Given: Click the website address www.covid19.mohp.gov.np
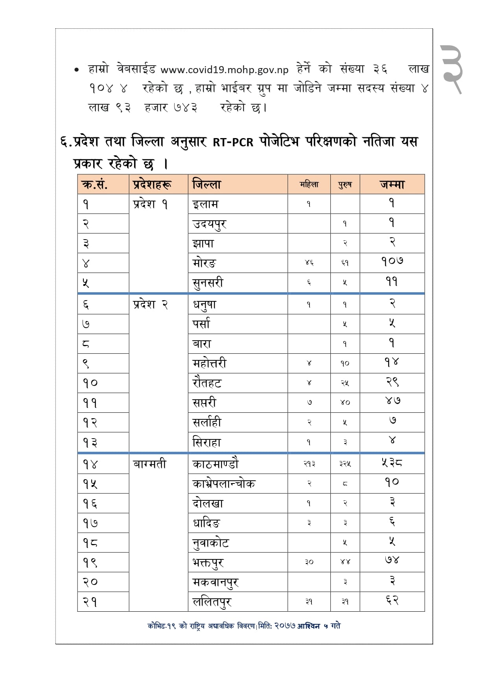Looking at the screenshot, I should [x=224, y=70].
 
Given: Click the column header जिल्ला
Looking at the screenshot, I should [x=207, y=184].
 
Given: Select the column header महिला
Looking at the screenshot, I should [x=309, y=184].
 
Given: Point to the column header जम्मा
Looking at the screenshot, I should [x=392, y=184].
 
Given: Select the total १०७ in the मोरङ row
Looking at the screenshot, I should [x=392, y=262].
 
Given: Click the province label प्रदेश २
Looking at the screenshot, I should [x=151, y=304].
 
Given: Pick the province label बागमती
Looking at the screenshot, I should [x=149, y=464].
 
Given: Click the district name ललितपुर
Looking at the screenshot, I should [x=212, y=601].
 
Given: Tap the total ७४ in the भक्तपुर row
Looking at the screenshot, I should [x=392, y=560].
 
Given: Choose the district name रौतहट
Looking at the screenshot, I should [x=207, y=383].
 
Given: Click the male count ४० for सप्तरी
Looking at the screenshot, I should [x=345, y=402].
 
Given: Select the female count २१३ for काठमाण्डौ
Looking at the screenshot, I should [x=309, y=464].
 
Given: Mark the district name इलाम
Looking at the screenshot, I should [x=205, y=204].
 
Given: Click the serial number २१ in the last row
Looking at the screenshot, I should [x=90, y=601].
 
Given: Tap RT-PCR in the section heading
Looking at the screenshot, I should [x=233, y=142].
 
